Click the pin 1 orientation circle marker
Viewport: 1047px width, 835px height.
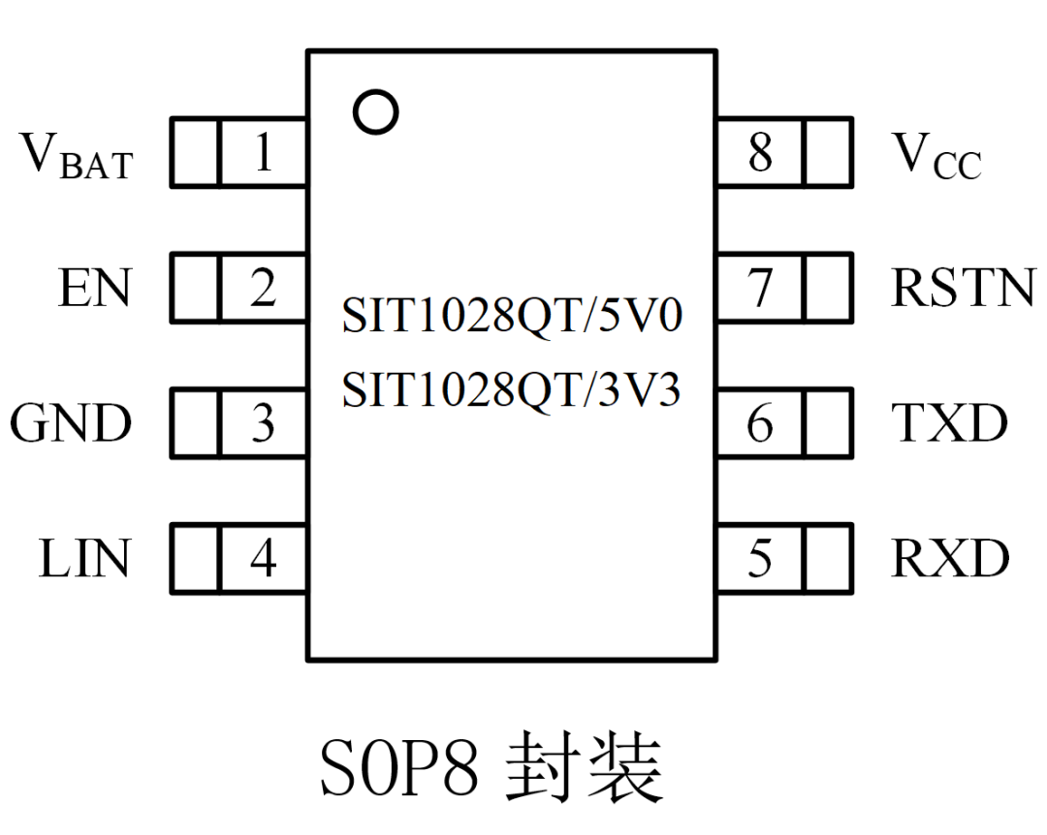click(375, 112)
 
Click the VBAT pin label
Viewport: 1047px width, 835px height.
click(77, 158)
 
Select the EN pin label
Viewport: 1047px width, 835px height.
click(94, 289)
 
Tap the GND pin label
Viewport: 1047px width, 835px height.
click(71, 424)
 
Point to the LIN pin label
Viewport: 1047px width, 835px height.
click(84, 560)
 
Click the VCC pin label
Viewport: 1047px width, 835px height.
click(936, 158)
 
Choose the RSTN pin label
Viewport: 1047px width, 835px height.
click(964, 289)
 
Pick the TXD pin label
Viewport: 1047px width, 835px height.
click(950, 424)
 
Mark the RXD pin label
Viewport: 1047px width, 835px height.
click(950, 560)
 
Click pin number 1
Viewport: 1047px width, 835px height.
click(263, 153)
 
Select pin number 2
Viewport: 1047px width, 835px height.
click(263, 289)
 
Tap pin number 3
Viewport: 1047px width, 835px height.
click(263, 424)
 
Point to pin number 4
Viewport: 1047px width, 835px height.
click(263, 560)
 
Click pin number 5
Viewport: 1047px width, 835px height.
click(761, 560)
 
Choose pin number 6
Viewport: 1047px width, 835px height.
click(761, 424)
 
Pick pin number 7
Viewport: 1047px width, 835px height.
click(761, 289)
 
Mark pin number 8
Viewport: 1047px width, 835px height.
click(761, 153)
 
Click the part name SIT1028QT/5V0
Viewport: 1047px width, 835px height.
click(512, 318)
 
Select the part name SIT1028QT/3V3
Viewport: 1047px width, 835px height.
click(512, 390)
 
